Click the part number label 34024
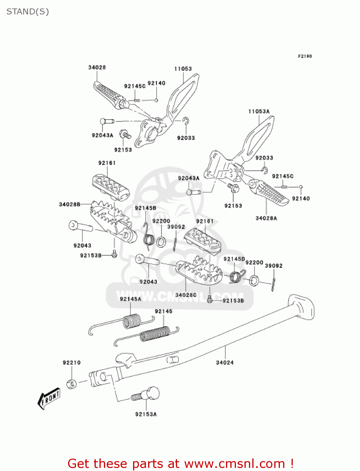pos(225,363)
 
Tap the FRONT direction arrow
pos(49,398)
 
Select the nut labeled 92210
pos(72,384)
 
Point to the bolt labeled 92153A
pos(146,394)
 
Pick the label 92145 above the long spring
pos(164,311)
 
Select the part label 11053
pos(183,69)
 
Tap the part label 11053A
pos(259,111)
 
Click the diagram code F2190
pos(305,56)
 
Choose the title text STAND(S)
pos(28,12)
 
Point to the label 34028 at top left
pos(97,68)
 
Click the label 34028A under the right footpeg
pos(266,218)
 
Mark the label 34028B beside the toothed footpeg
pos(70,204)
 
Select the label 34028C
pos(186,295)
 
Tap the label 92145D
pos(234,259)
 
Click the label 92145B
pos(145,208)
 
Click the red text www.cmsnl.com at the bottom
pos(234,464)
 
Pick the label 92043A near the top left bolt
pos(102,135)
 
